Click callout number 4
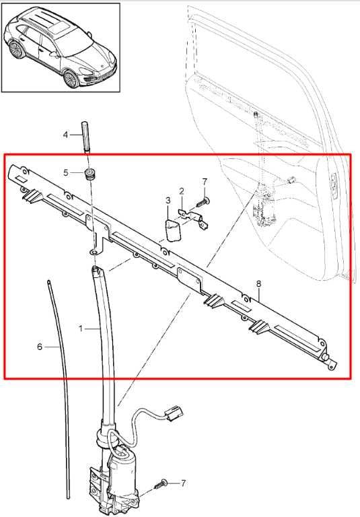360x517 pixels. click(65, 135)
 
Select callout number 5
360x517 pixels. click(66, 172)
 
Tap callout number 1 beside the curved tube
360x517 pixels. click(81, 329)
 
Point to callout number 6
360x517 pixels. click(40, 347)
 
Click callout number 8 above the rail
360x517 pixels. click(258, 283)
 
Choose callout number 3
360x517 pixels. click(168, 200)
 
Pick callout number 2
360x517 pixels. click(181, 191)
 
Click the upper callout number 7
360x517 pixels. click(205, 182)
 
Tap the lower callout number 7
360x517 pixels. click(183, 483)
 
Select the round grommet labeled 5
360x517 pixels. click(89, 174)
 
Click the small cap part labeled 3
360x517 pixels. click(174, 230)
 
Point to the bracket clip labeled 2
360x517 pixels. click(193, 217)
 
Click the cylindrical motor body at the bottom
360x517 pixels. click(122, 471)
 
